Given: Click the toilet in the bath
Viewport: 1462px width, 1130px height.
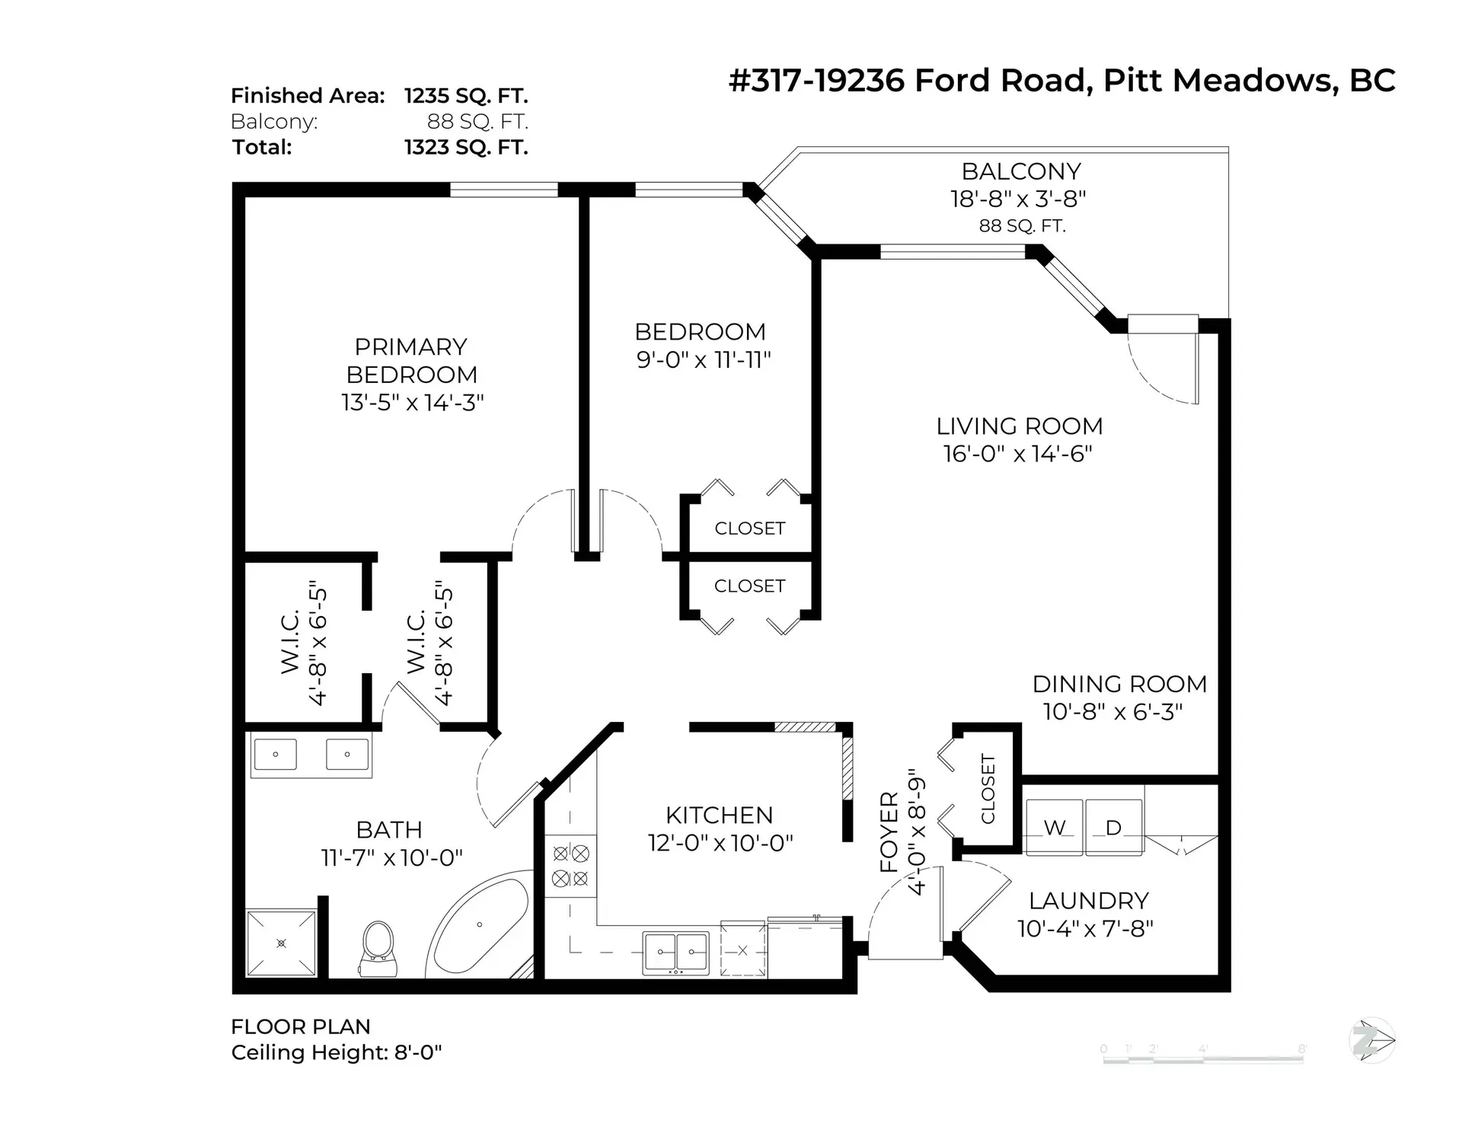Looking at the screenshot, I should tap(378, 948).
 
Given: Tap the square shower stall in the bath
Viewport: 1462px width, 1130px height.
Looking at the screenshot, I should tap(281, 943).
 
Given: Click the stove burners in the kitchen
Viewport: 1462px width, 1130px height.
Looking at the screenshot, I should tap(570, 866).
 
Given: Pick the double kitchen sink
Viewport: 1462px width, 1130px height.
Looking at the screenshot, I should tap(675, 952).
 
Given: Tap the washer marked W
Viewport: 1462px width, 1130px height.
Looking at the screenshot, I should tap(1055, 827).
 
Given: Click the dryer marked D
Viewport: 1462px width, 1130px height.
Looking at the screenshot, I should tap(1113, 827).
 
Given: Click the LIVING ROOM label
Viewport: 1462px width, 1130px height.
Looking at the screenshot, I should tap(1020, 426).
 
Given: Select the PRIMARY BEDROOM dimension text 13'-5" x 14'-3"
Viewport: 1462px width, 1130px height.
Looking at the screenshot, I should tap(413, 402).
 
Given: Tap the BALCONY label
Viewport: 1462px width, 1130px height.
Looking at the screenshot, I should tap(1021, 171).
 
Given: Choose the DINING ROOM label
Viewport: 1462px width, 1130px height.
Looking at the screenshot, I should tap(1119, 684).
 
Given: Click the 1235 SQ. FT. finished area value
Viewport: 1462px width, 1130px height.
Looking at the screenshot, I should tap(466, 96).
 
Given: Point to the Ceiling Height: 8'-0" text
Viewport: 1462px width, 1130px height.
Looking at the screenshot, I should tap(337, 1052).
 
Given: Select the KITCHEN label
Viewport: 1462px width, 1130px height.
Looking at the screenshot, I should tap(720, 816).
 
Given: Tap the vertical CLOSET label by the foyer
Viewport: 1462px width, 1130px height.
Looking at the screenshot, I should tap(988, 788).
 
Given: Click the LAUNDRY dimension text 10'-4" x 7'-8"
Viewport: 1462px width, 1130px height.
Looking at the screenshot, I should tap(1086, 929).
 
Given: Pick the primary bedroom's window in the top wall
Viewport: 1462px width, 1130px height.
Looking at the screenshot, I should tap(504, 190).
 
